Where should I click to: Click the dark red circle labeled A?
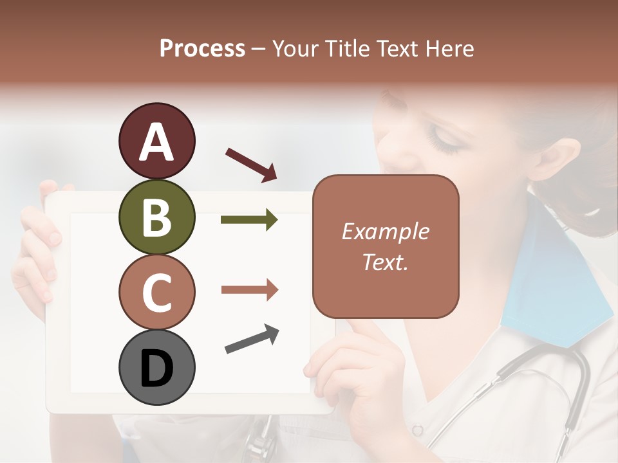pos(156,141)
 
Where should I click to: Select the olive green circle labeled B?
pos(156,217)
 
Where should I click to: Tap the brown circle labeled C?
pos(156,292)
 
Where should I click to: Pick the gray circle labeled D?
pos(156,367)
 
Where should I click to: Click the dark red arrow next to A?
pos(252,164)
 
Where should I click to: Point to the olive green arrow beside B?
pos(249,220)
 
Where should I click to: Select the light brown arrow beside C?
pos(249,290)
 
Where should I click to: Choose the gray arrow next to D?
pos(252,340)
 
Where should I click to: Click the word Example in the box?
pos(385,232)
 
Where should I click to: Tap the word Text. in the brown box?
pos(385,262)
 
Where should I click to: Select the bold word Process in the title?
pos(202,48)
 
